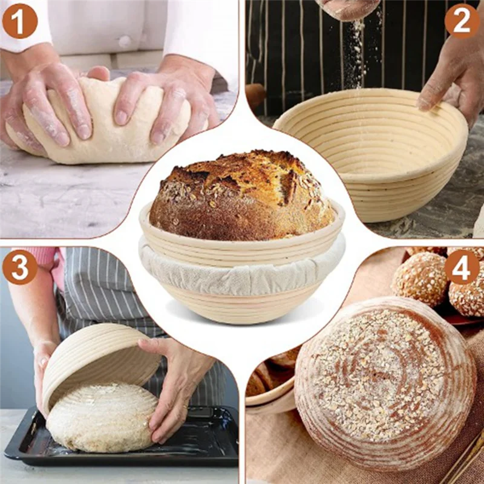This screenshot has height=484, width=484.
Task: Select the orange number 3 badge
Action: (19, 267)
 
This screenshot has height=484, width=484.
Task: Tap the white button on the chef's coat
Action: (125, 42)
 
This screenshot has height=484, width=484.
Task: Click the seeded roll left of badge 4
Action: (420, 278)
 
